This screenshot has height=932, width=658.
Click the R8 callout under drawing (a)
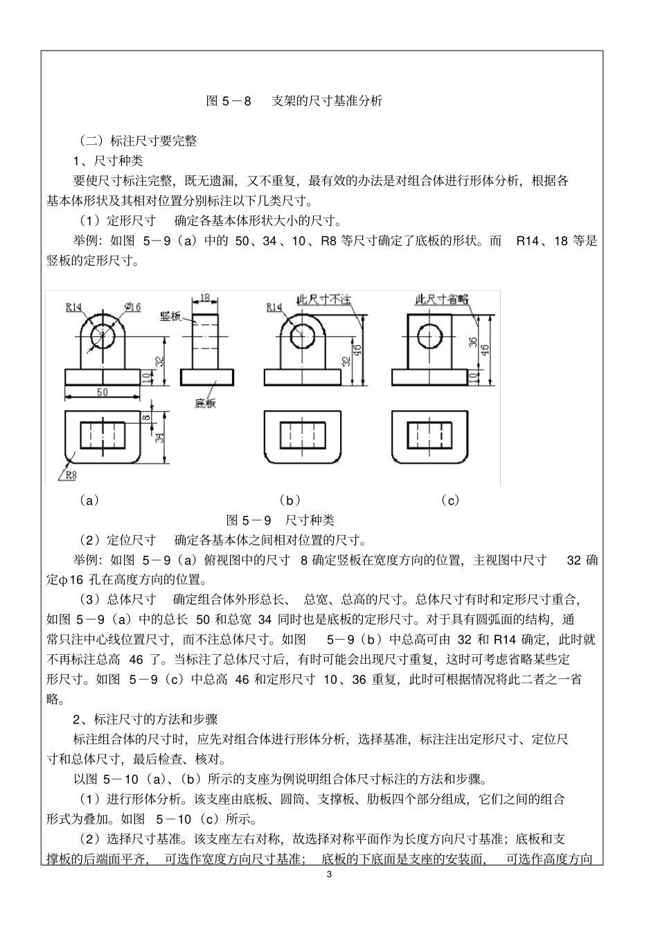71,475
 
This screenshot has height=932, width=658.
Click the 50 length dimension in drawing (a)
102,392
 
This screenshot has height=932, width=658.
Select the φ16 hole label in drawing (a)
132,307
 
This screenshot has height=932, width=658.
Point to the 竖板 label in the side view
170,316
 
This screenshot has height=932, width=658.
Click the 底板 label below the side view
206,403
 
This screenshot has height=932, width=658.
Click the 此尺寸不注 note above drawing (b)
324,299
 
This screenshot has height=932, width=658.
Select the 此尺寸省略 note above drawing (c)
441,299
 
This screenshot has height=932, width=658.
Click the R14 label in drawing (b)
274,307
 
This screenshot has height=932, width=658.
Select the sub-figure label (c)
450,500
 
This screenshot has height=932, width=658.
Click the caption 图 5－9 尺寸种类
281,520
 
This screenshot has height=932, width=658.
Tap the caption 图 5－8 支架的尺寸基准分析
294,100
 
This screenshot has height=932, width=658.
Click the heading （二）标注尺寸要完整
138,141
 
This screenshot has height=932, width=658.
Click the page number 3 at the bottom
329,874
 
